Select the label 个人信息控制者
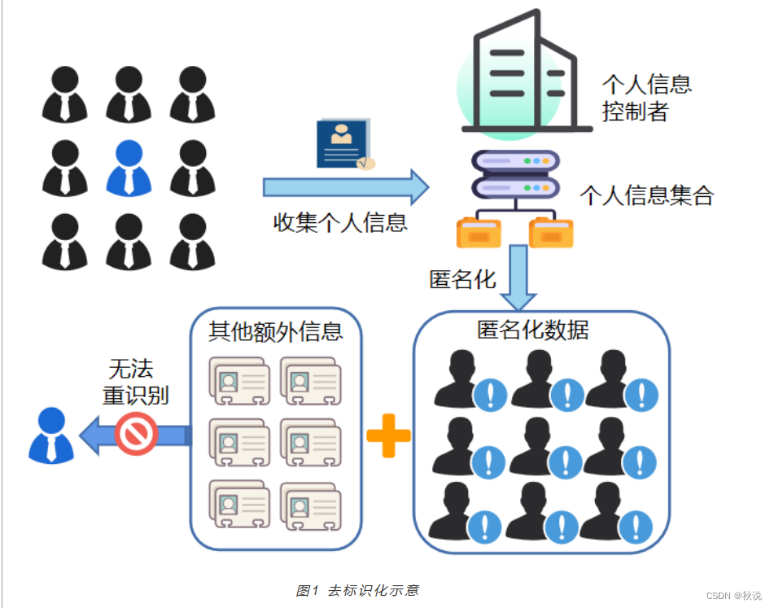pyautogui.click(x=646, y=97)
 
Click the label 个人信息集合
pyautogui.click(x=646, y=195)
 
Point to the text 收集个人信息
pyautogui.click(x=340, y=222)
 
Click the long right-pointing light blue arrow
pyautogui.click(x=346, y=187)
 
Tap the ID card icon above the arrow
pyautogui.click(x=345, y=144)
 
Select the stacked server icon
pyautogui.click(x=516, y=176)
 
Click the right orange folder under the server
pyautogui.click(x=552, y=233)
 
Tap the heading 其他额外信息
pyautogui.click(x=276, y=330)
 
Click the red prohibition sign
pyautogui.click(x=136, y=433)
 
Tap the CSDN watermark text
pyautogui.click(x=733, y=596)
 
